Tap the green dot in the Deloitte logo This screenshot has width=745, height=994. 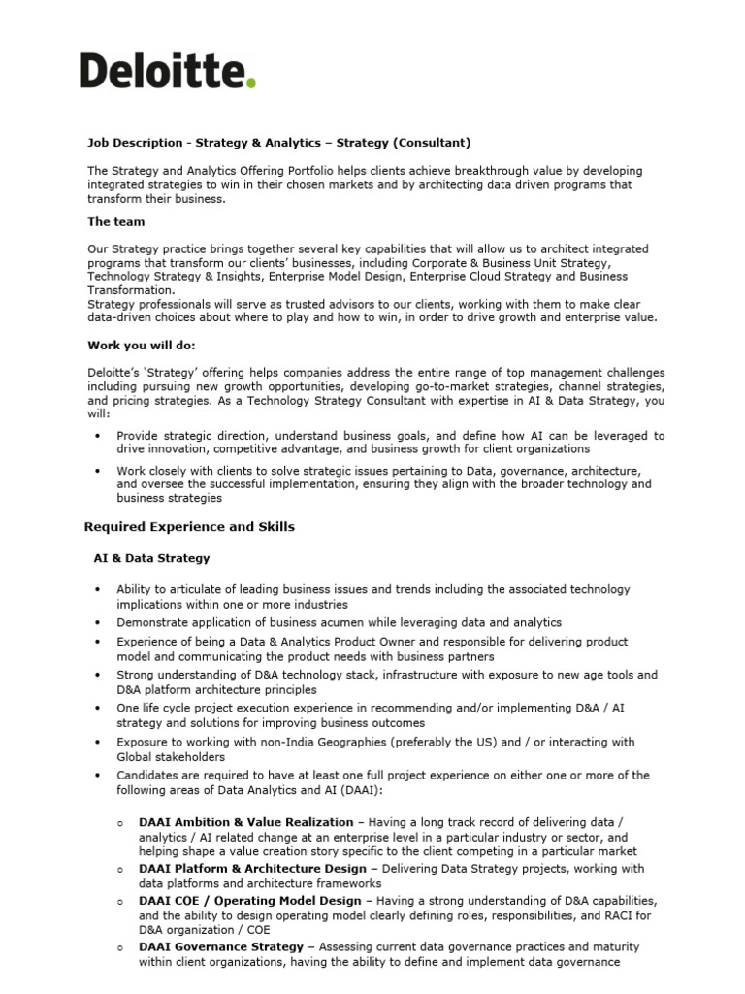point(252,84)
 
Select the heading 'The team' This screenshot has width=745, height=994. point(116,221)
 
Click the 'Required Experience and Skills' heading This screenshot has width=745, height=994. point(189,527)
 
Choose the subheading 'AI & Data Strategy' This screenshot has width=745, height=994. point(151,558)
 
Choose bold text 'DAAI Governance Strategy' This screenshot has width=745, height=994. point(221,946)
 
